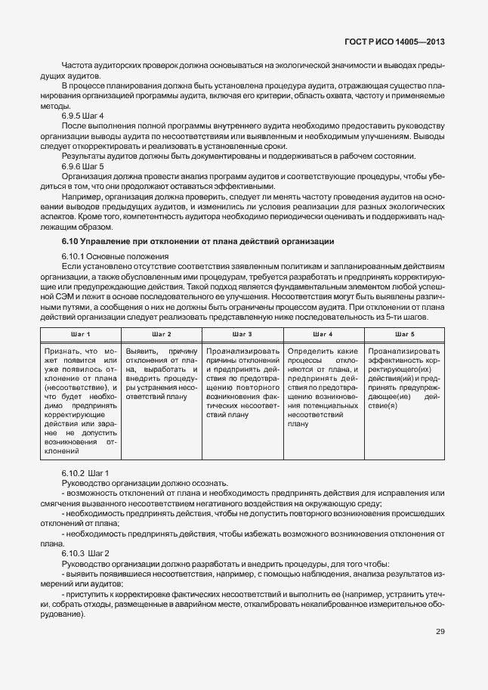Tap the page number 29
(440, 632)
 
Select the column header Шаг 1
(80, 333)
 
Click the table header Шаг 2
(161, 333)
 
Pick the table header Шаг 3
(242, 333)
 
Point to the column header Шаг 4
(323, 333)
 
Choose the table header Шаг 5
(404, 333)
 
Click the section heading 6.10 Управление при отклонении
(197, 241)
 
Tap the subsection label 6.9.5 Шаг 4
(82, 115)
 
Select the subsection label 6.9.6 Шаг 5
(82, 166)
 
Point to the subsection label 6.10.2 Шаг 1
(85, 472)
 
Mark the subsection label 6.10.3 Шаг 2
(85, 553)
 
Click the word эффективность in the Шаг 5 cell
(393, 360)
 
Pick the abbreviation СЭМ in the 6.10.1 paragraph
(71, 298)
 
